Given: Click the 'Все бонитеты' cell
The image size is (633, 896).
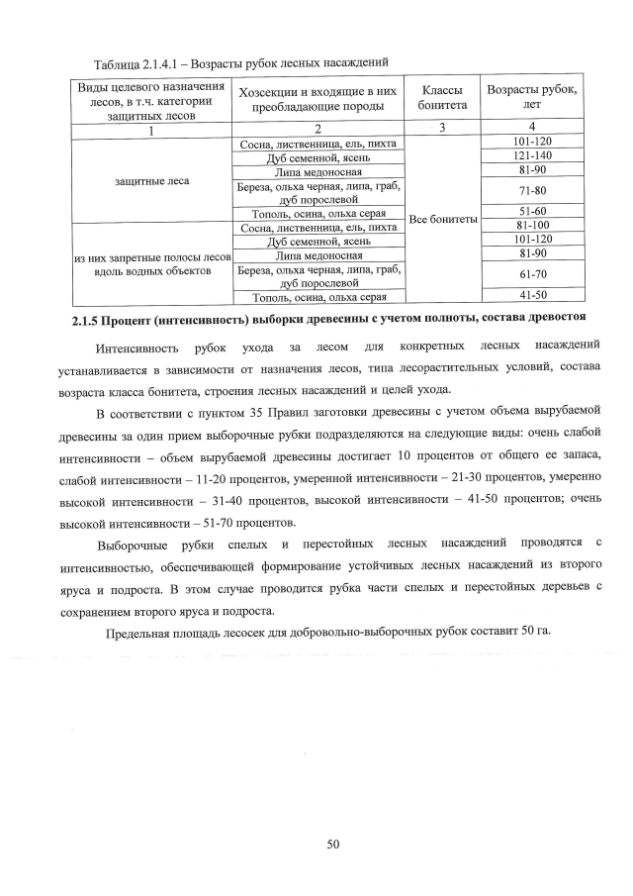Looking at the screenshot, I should [x=442, y=219].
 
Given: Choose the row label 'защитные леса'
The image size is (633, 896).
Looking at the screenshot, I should [x=151, y=181].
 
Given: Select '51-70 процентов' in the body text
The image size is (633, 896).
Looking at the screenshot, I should [x=245, y=523].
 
